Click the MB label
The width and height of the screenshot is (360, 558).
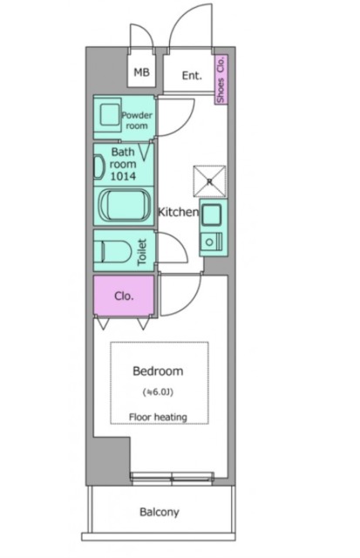click(141, 72)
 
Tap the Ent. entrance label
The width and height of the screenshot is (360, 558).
click(192, 76)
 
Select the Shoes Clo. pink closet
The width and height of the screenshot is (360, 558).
click(221, 79)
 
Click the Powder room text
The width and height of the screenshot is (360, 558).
click(137, 120)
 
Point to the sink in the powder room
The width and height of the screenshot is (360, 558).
click(109, 114)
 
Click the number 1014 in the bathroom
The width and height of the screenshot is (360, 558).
click(123, 176)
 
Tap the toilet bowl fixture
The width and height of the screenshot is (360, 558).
click(112, 251)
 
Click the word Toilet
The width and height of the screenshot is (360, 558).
click(142, 252)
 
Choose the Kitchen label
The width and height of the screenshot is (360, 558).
click(178, 212)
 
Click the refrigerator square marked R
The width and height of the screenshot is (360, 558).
click(209, 181)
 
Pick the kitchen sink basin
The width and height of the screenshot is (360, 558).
click(211, 215)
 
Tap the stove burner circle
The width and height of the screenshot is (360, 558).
click(209, 242)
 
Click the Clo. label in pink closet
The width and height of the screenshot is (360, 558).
click(124, 296)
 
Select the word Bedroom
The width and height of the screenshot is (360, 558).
click(158, 371)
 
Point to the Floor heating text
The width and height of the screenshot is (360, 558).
click(158, 417)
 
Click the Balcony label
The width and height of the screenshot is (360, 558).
click(159, 512)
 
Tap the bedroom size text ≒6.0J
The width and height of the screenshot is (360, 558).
click(158, 392)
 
